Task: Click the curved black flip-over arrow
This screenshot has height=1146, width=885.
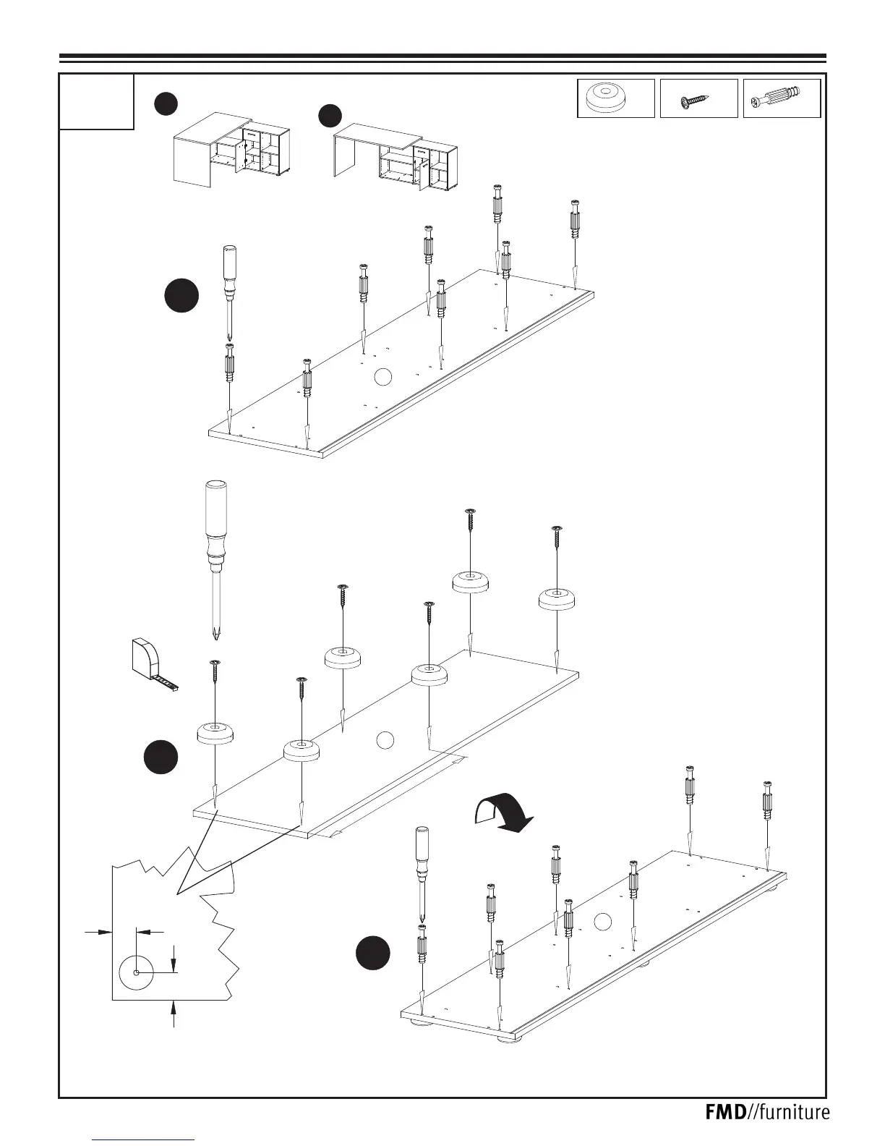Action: (x=503, y=813)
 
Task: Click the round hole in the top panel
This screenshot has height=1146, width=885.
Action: (x=383, y=377)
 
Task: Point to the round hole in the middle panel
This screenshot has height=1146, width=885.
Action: (x=385, y=739)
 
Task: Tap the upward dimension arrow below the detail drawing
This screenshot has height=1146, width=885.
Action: (x=173, y=1013)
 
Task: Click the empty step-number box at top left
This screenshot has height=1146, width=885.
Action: (x=97, y=101)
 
